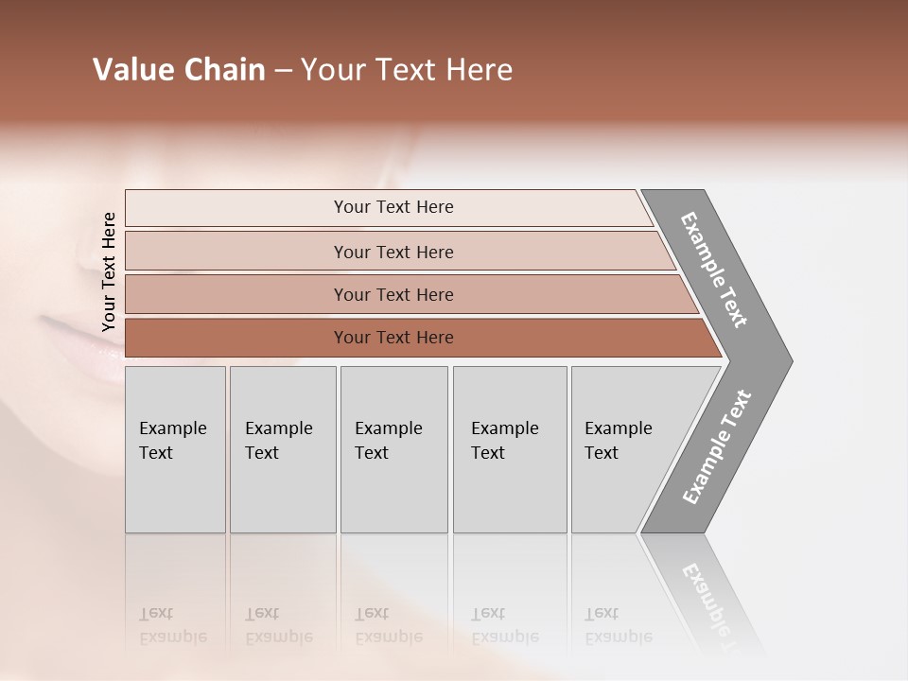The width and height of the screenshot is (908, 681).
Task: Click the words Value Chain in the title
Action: click(x=179, y=70)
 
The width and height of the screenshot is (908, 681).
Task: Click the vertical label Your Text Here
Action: click(x=109, y=271)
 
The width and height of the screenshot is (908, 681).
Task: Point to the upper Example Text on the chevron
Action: click(x=714, y=270)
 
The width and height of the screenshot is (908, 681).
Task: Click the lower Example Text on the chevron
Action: click(x=716, y=447)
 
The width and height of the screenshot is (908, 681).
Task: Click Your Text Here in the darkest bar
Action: click(x=393, y=338)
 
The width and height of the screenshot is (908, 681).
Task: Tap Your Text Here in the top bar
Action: click(x=393, y=207)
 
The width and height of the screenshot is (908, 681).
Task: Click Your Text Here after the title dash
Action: click(x=407, y=70)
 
